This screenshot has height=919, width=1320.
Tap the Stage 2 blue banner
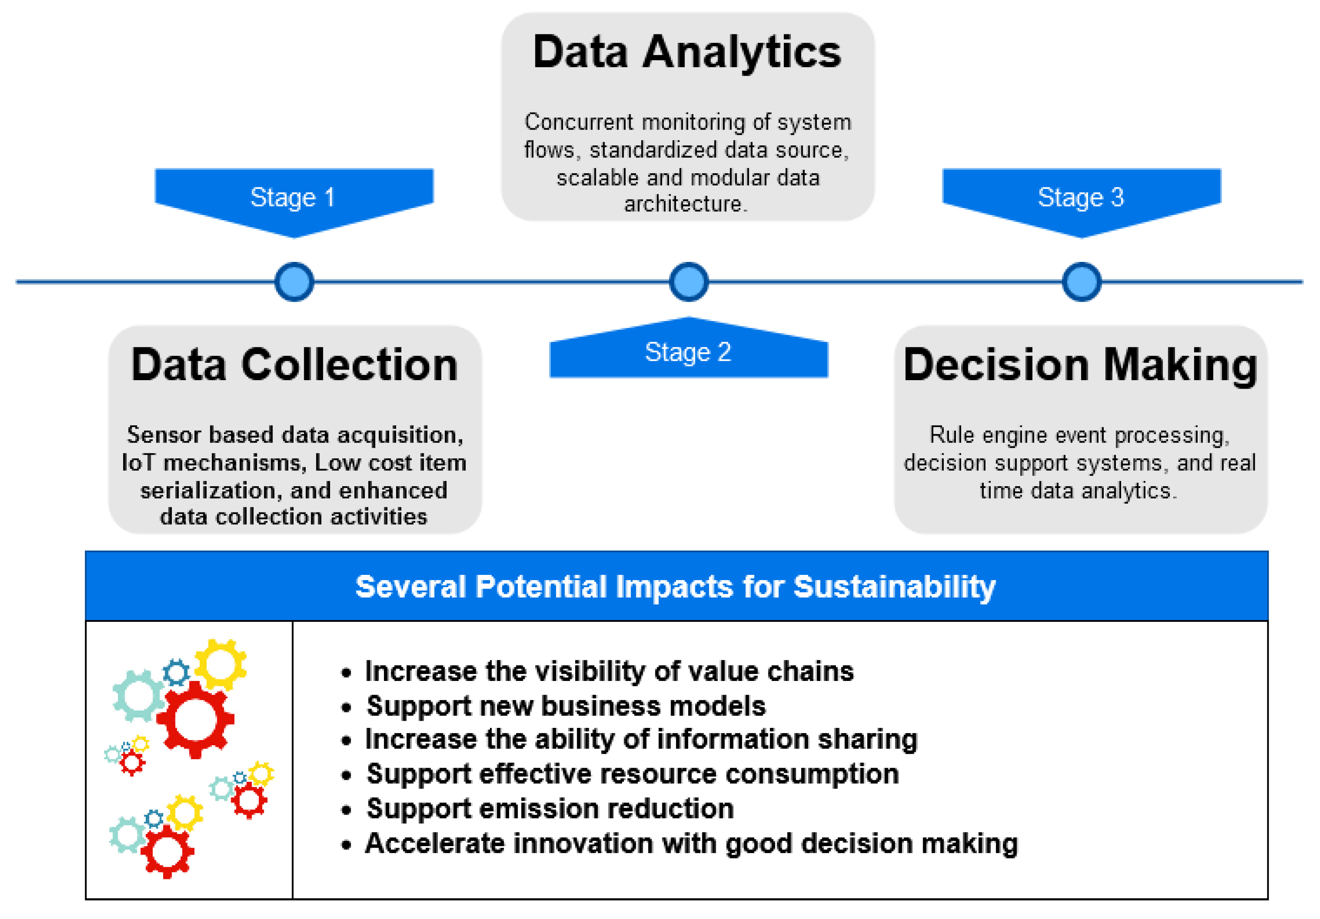[x=688, y=352]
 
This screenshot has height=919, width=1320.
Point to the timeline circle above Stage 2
[x=689, y=282]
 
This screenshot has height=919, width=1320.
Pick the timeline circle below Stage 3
[x=1081, y=282]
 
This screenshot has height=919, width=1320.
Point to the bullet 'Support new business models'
[x=566, y=706]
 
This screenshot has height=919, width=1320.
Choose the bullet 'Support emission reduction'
[x=550, y=808]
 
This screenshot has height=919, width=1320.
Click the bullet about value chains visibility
[x=610, y=671]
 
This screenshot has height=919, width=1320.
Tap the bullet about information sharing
[x=641, y=739]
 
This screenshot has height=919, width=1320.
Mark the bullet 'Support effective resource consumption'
[x=632, y=774]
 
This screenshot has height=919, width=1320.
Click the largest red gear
[x=196, y=719]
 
